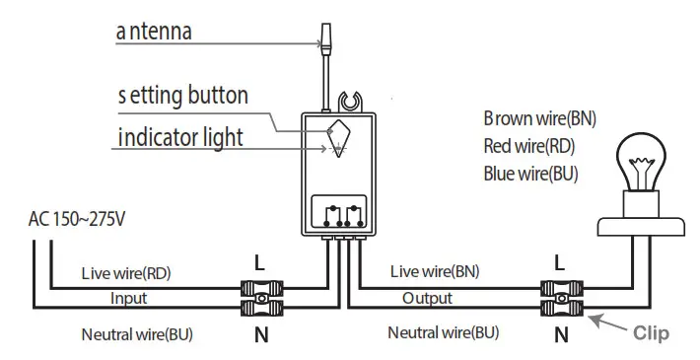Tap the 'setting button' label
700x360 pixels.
coord(182,97)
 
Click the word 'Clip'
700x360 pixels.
coord(650,333)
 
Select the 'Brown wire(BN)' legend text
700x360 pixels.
coord(539,118)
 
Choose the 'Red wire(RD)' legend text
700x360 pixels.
coord(529,146)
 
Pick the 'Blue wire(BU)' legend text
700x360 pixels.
coord(530,174)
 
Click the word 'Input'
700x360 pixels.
coord(128,298)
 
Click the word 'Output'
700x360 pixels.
coord(428,298)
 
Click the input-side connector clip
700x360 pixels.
coord(261,299)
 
